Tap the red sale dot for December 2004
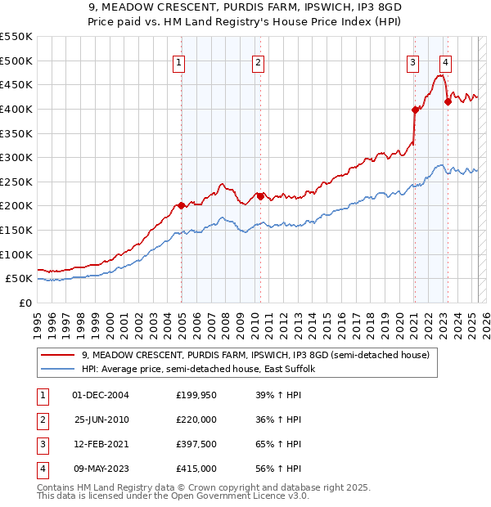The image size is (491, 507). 181,206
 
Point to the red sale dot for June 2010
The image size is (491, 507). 260,196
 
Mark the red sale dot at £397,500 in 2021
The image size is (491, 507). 415,110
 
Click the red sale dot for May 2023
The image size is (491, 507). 448,101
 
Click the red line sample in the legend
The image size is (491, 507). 57,355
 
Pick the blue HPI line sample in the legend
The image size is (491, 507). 57,369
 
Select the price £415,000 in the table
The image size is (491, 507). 196,469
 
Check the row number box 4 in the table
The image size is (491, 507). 42,469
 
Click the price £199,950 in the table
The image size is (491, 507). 196,395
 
